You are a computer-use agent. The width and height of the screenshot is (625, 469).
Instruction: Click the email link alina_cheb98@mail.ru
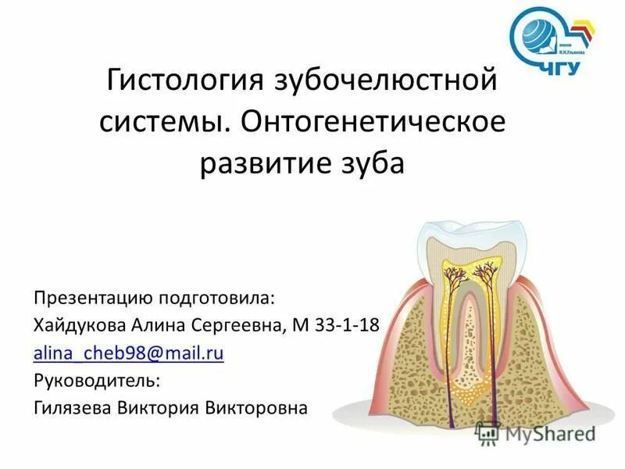tap(129, 353)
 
